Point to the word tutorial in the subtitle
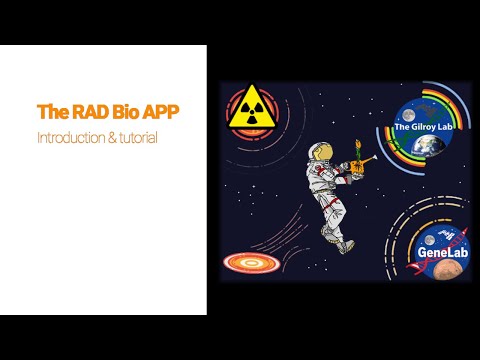(x=137, y=136)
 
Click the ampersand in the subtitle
(x=109, y=136)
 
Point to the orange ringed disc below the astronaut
(x=247, y=263)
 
